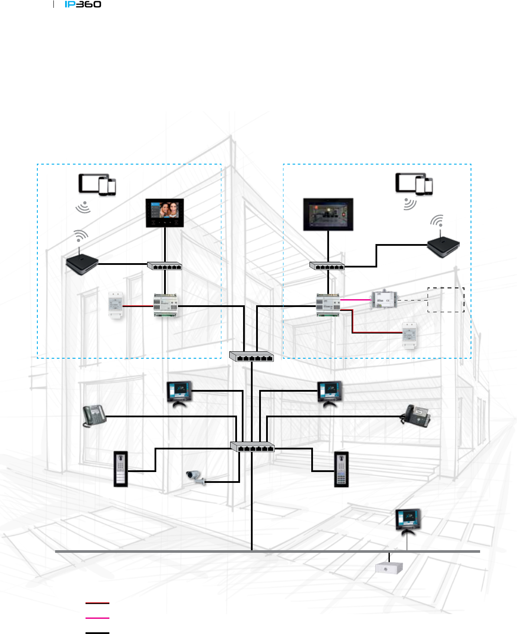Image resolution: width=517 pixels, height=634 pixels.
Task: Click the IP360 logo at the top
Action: [x=83, y=4]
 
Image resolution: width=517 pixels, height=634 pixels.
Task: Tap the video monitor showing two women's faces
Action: [x=165, y=213]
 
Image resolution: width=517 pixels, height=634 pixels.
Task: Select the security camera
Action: [x=195, y=477]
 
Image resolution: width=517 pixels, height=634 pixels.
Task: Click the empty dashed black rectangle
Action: [x=446, y=300]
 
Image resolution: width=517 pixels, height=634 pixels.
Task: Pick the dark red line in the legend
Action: [x=97, y=603]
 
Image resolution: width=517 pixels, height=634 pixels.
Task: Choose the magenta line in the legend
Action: [x=97, y=617]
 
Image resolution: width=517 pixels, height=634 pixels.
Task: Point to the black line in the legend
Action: [x=97, y=633]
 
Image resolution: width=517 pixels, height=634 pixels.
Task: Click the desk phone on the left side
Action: [x=94, y=416]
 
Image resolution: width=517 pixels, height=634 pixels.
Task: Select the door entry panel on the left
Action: [x=121, y=469]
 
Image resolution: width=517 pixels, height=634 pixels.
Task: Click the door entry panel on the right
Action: [x=342, y=469]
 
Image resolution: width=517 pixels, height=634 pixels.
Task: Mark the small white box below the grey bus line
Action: [x=389, y=568]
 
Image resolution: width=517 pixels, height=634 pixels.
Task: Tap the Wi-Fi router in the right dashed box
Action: [x=443, y=247]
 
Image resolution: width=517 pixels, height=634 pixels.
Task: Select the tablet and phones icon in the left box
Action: [x=97, y=184]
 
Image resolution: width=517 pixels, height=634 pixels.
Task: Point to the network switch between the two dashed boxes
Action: [x=252, y=357]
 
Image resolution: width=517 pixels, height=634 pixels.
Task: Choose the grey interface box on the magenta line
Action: [x=383, y=300]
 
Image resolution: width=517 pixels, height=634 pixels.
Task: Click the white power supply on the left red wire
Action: [x=115, y=305]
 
